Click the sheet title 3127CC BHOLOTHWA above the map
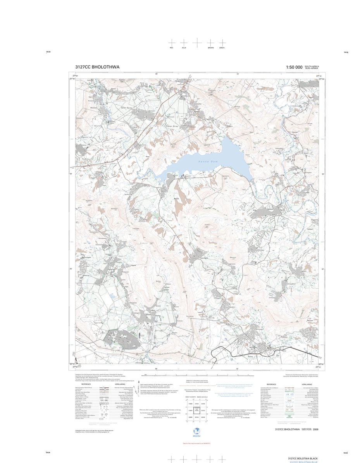pyautogui.click(x=97, y=67)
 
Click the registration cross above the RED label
pyautogui.click(x=172, y=42)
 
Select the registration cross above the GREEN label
pyautogui.click(x=222, y=42)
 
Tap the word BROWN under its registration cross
pyautogui.click(x=210, y=48)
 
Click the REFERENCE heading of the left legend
pyautogui.click(x=86, y=384)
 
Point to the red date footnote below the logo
pyautogui.click(x=198, y=443)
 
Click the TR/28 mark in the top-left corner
pyautogui.click(x=48, y=53)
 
